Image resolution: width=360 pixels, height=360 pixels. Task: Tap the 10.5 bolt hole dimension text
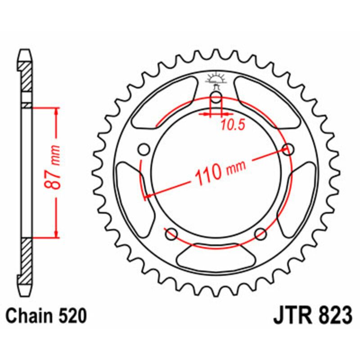(x=233, y=126)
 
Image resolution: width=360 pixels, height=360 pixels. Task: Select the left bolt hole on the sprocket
(x=144, y=149)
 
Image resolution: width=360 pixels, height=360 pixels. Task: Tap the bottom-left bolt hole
(x=171, y=233)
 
